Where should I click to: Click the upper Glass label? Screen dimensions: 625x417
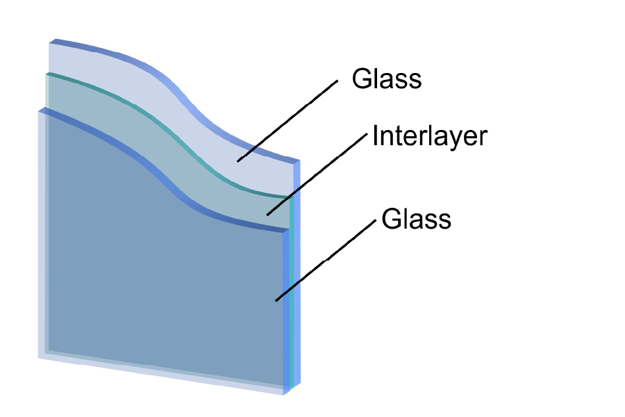[x=387, y=79]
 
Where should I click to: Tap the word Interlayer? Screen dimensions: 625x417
[x=430, y=136]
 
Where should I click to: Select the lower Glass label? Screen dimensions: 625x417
[x=416, y=219]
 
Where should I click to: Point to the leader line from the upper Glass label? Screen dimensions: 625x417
[x=287, y=121]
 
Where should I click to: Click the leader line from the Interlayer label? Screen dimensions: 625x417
[x=317, y=174]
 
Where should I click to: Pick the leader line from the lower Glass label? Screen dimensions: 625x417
[x=326, y=260]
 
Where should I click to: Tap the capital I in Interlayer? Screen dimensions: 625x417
[x=375, y=136]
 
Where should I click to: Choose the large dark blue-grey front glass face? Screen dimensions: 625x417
[x=160, y=255]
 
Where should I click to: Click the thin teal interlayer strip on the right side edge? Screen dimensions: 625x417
[x=292, y=291]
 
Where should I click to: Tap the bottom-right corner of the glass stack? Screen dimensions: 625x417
[x=284, y=395]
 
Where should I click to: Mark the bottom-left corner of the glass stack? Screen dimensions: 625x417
[x=39, y=357]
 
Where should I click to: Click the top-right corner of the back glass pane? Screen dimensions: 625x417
[x=299, y=161]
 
